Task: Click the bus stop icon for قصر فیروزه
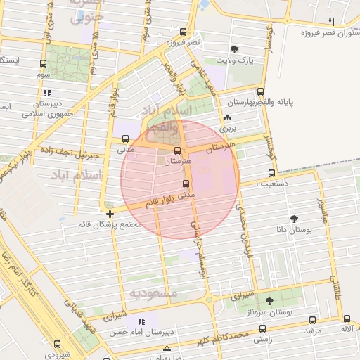tap(184, 32)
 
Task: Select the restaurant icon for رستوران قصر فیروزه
tap(331, 22)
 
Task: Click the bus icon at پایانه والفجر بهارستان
tap(261, 91)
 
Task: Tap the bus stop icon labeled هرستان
tap(177, 150)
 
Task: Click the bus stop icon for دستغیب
tap(271, 174)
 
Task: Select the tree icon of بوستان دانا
tap(293, 219)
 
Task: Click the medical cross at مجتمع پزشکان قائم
tap(110, 214)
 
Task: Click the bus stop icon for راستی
tap(262, 328)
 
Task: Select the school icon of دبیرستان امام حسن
tap(141, 321)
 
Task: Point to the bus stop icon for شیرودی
tap(57, 345)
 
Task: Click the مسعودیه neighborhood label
tap(153, 291)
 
